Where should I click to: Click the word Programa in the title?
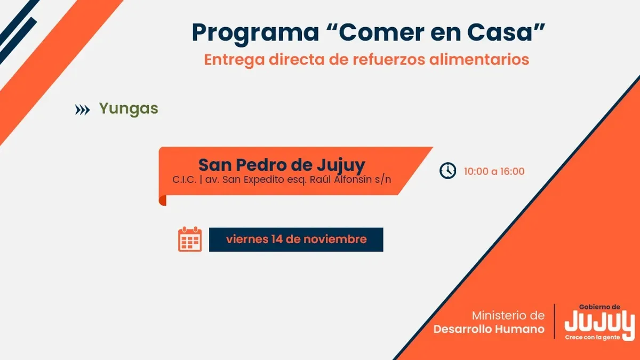tap(255, 34)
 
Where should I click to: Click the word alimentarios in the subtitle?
tap(479, 59)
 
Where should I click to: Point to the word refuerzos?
tap(389, 59)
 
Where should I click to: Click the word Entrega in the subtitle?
tap(234, 60)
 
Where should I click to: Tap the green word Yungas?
tap(129, 109)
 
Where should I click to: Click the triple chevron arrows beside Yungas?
tap(82, 110)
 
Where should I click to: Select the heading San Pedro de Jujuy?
tap(282, 165)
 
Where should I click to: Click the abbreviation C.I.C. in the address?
tap(185, 180)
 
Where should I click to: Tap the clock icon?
tap(447, 171)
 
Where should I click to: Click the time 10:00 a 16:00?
tap(494, 171)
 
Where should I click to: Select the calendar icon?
tap(190, 239)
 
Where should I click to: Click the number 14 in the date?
tap(277, 239)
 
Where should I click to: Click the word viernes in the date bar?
tap(247, 239)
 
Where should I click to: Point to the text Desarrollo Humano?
tap(489, 329)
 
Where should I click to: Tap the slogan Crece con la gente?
tap(593, 338)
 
